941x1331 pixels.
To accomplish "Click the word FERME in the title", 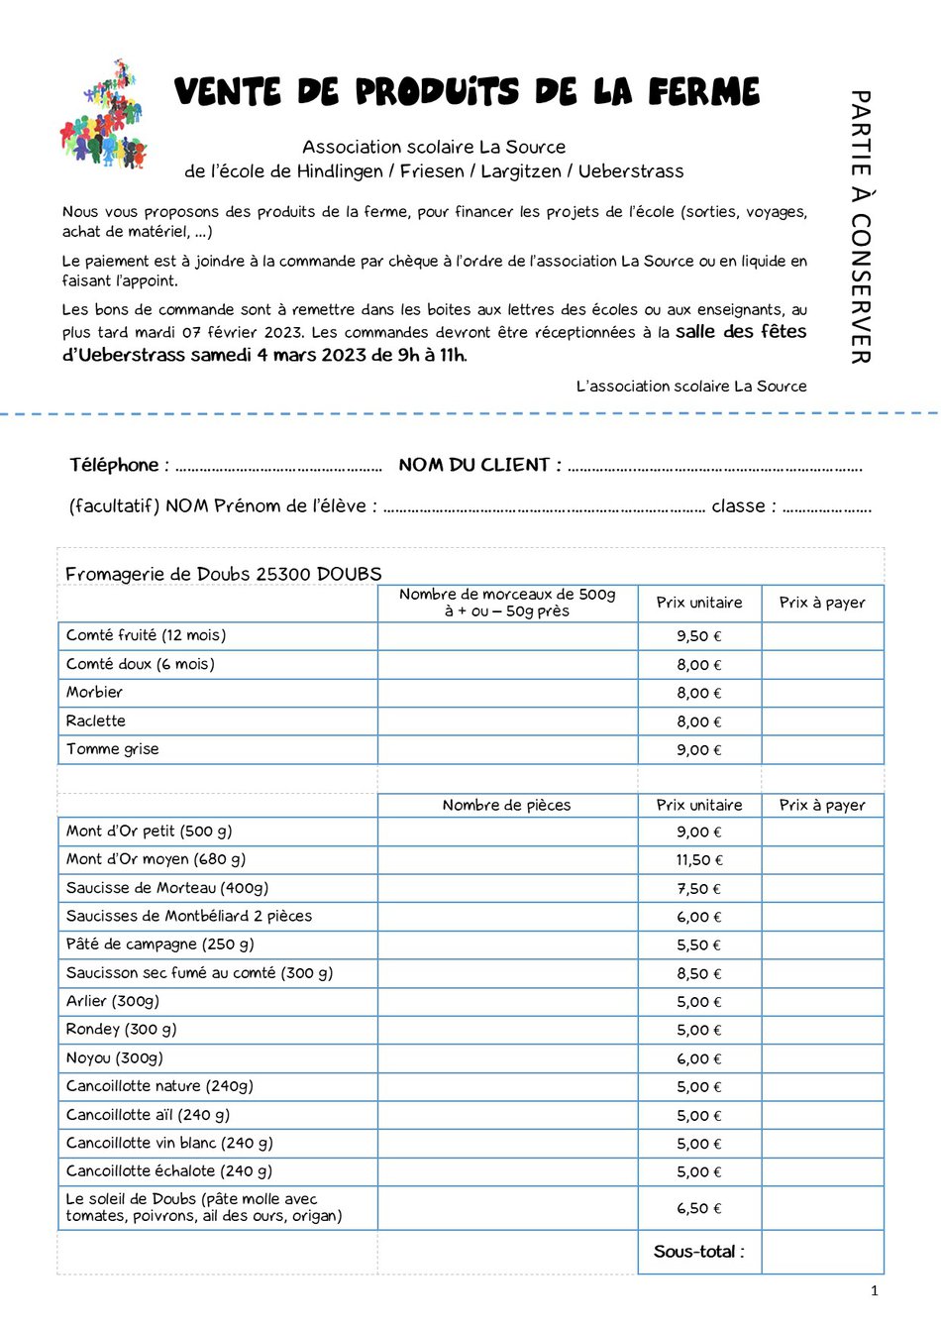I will pos(704,92).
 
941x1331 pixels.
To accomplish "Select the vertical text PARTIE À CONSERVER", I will pos(860,227).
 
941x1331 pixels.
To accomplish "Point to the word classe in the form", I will pos(738,505).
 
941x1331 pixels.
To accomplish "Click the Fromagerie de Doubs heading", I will pos(223,574).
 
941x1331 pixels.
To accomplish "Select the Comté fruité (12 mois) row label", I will pos(146,635).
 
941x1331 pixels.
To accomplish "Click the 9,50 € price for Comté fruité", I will pos(699,636).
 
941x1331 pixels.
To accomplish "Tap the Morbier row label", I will pos(94,692).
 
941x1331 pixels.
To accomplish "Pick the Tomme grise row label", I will pos(112,749).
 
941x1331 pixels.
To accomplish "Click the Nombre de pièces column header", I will pos(506,805).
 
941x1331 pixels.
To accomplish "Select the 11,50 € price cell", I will pos(699,860).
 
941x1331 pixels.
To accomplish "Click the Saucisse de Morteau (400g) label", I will pos(166,888).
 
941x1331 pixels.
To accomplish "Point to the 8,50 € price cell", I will pos(699,974).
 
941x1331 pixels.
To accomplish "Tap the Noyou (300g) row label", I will pos(114,1058).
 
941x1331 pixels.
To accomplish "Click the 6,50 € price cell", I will pos(699,1208).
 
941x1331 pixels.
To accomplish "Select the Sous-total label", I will pos(698,1252).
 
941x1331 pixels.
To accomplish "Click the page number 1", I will pos(874,1290).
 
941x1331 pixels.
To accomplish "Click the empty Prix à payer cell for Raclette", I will pos(822,721).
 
